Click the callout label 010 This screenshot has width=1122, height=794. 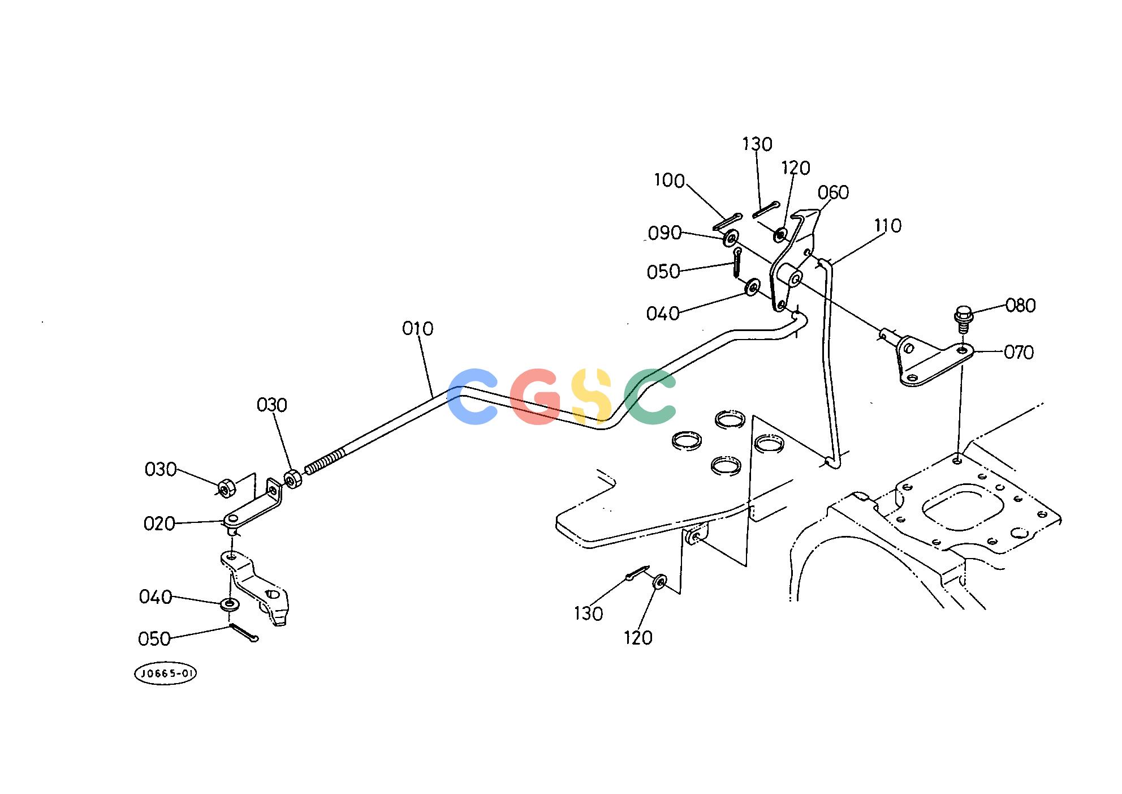point(418,329)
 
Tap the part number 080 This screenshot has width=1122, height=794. point(1020,306)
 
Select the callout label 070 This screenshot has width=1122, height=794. point(1019,353)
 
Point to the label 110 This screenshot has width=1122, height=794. point(887,226)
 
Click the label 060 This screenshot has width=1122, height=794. point(833,193)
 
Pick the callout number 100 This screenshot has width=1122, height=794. point(669,181)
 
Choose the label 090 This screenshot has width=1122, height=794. point(664,233)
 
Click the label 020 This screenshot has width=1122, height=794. point(159,523)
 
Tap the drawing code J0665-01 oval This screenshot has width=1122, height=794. point(166,673)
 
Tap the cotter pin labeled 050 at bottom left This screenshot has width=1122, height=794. point(244,633)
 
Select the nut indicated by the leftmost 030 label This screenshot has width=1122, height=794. point(226,488)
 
